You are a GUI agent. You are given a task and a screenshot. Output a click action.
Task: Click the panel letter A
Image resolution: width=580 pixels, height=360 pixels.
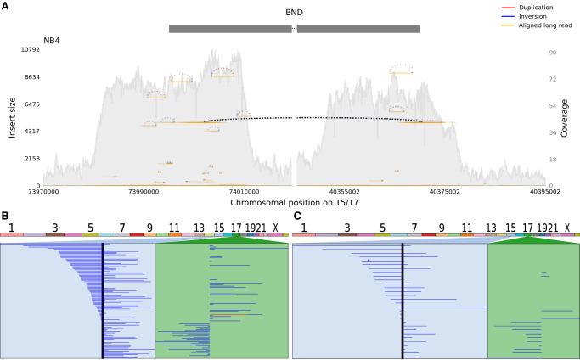pos(5,6)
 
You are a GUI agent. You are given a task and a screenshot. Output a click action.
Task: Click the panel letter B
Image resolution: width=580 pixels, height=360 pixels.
pos(5,217)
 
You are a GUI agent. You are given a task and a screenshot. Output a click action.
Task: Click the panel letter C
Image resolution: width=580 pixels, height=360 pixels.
pos(296,217)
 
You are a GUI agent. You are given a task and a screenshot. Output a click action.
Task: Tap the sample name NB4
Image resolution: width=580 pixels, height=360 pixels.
pos(53,40)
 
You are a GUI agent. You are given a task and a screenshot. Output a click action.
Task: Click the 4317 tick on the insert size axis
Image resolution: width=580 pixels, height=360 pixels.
pos(31,132)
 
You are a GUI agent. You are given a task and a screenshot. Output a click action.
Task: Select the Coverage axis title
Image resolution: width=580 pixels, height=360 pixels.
pos(565,117)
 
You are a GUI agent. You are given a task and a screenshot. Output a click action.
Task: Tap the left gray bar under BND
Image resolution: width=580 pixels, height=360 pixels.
pos(230,29)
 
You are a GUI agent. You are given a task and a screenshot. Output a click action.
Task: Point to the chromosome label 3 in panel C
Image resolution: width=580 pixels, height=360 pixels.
pos(346,228)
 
